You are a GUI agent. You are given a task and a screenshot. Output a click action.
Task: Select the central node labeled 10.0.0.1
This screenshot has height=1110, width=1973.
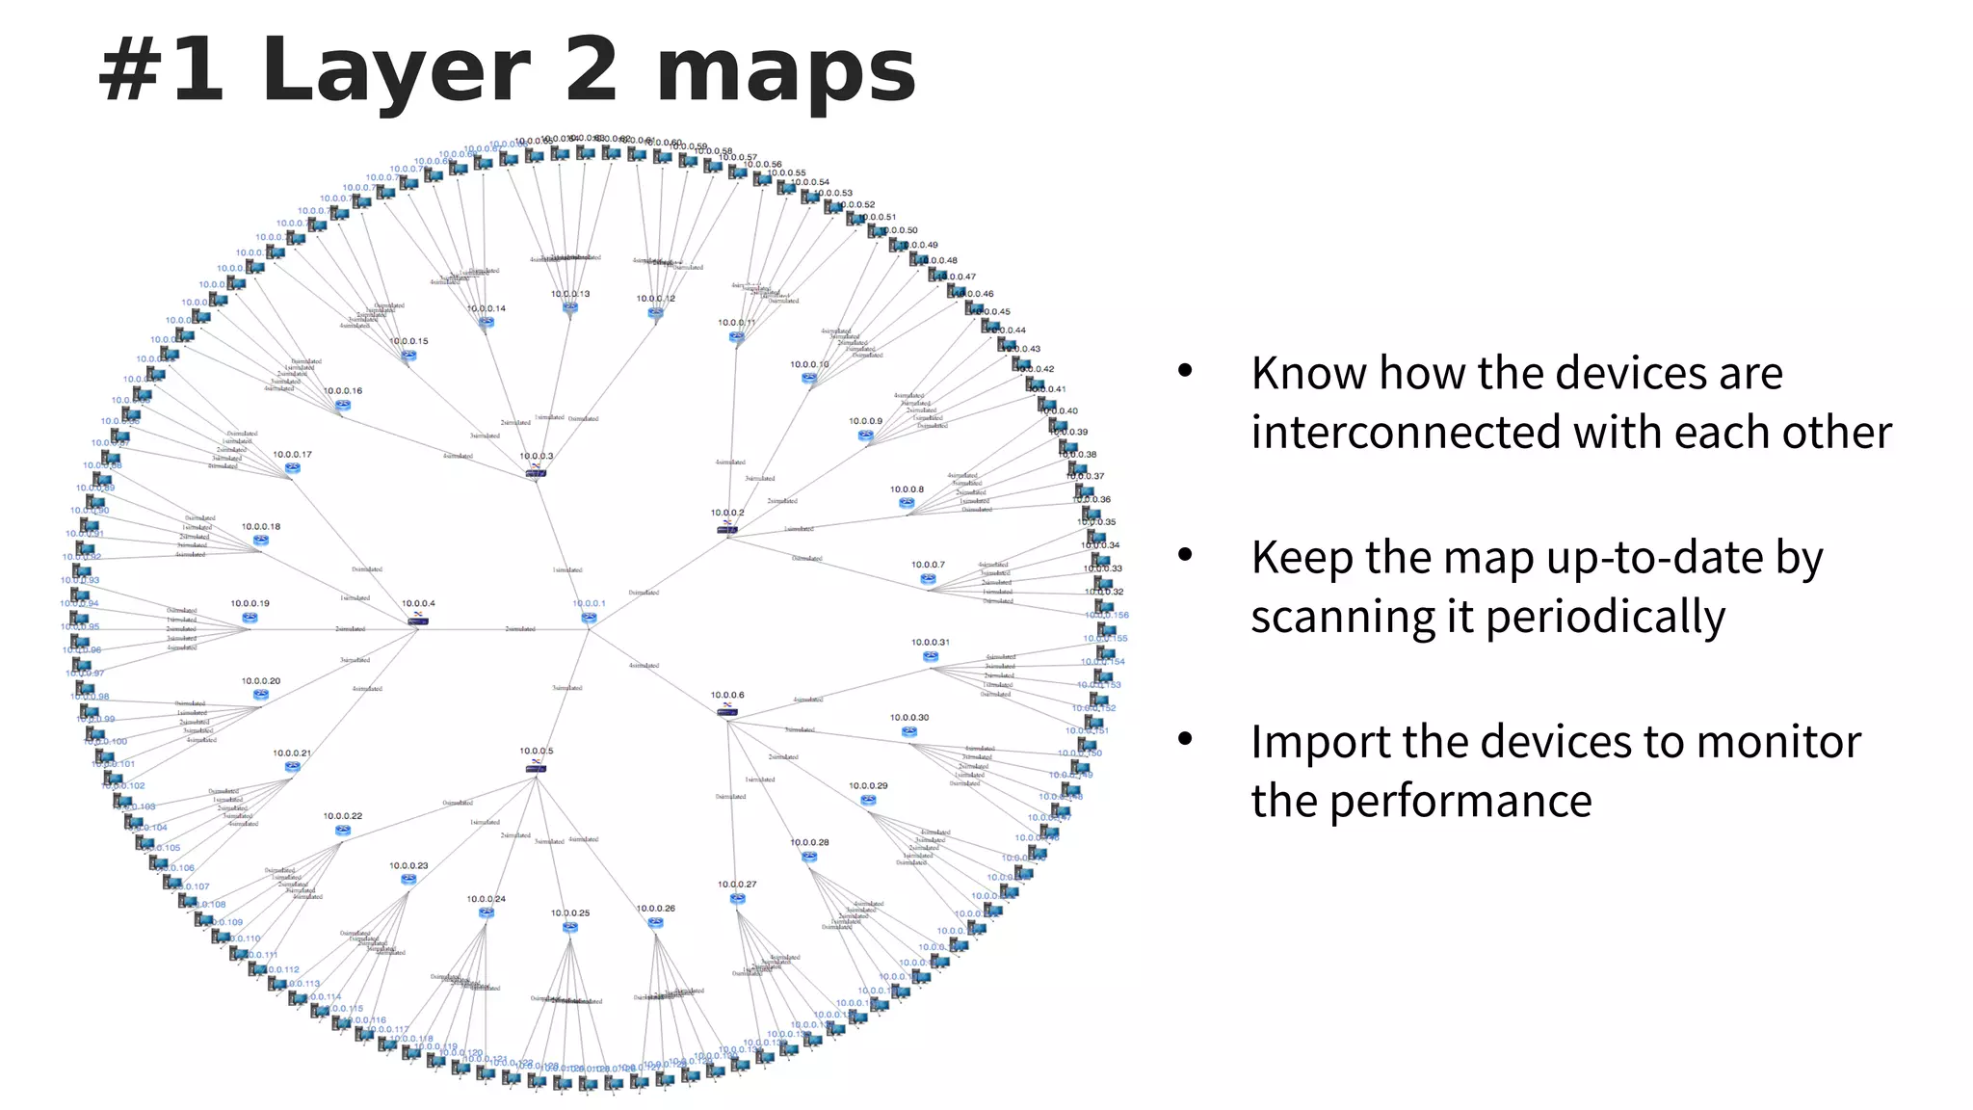(589, 618)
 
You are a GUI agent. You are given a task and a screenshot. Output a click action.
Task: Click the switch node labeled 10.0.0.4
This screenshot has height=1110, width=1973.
(418, 620)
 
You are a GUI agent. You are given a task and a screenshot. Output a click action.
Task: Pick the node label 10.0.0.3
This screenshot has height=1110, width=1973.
(537, 456)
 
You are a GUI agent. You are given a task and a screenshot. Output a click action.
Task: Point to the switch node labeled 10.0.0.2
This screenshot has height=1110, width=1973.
(727, 528)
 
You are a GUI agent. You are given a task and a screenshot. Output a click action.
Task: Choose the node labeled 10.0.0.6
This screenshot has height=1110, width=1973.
(727, 710)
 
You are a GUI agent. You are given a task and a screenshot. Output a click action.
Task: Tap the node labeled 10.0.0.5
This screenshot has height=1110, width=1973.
(537, 766)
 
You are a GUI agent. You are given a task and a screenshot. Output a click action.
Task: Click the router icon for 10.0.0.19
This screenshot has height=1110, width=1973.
(250, 618)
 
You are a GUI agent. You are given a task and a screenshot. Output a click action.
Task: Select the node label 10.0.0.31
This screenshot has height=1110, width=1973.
(931, 642)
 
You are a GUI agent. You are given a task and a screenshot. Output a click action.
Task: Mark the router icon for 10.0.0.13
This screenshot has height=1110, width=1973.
(570, 308)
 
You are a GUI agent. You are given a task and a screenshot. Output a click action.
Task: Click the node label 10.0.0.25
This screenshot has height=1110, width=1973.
(570, 912)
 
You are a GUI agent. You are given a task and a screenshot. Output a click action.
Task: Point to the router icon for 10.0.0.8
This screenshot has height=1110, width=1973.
(907, 503)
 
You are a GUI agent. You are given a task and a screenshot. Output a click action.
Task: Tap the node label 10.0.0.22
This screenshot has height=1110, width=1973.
(343, 816)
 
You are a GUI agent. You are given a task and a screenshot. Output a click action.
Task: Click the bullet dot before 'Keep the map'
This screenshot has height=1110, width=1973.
(1185, 554)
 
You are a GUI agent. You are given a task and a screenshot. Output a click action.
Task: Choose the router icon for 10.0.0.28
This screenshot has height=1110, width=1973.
(809, 857)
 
